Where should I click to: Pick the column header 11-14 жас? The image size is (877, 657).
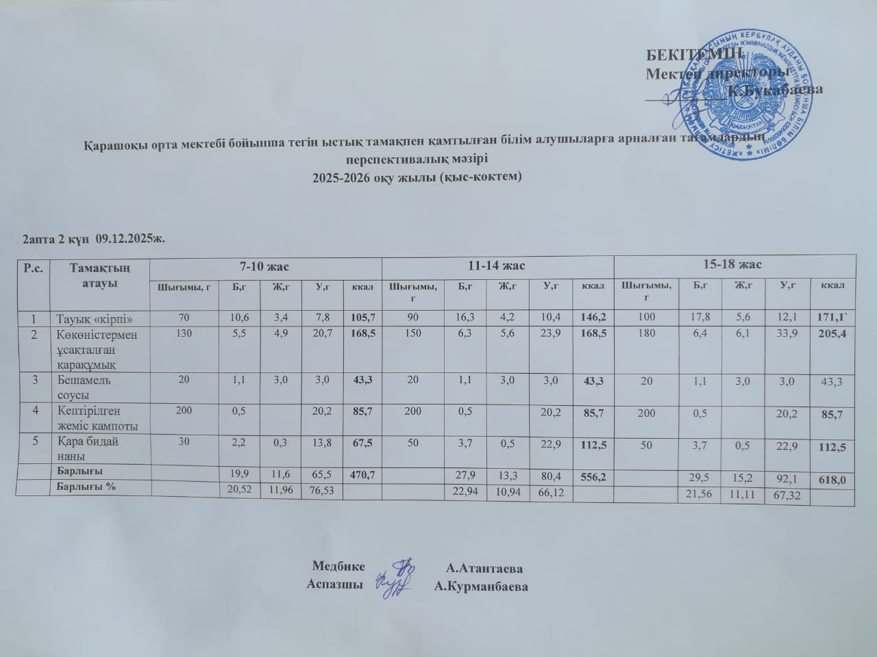pyautogui.click(x=498, y=264)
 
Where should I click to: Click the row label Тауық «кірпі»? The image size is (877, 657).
pyautogui.click(x=93, y=318)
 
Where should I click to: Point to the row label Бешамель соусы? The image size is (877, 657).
pyautogui.click(x=81, y=387)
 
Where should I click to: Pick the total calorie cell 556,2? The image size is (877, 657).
pyautogui.click(x=592, y=476)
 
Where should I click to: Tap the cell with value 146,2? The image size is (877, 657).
pyautogui.click(x=593, y=318)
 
